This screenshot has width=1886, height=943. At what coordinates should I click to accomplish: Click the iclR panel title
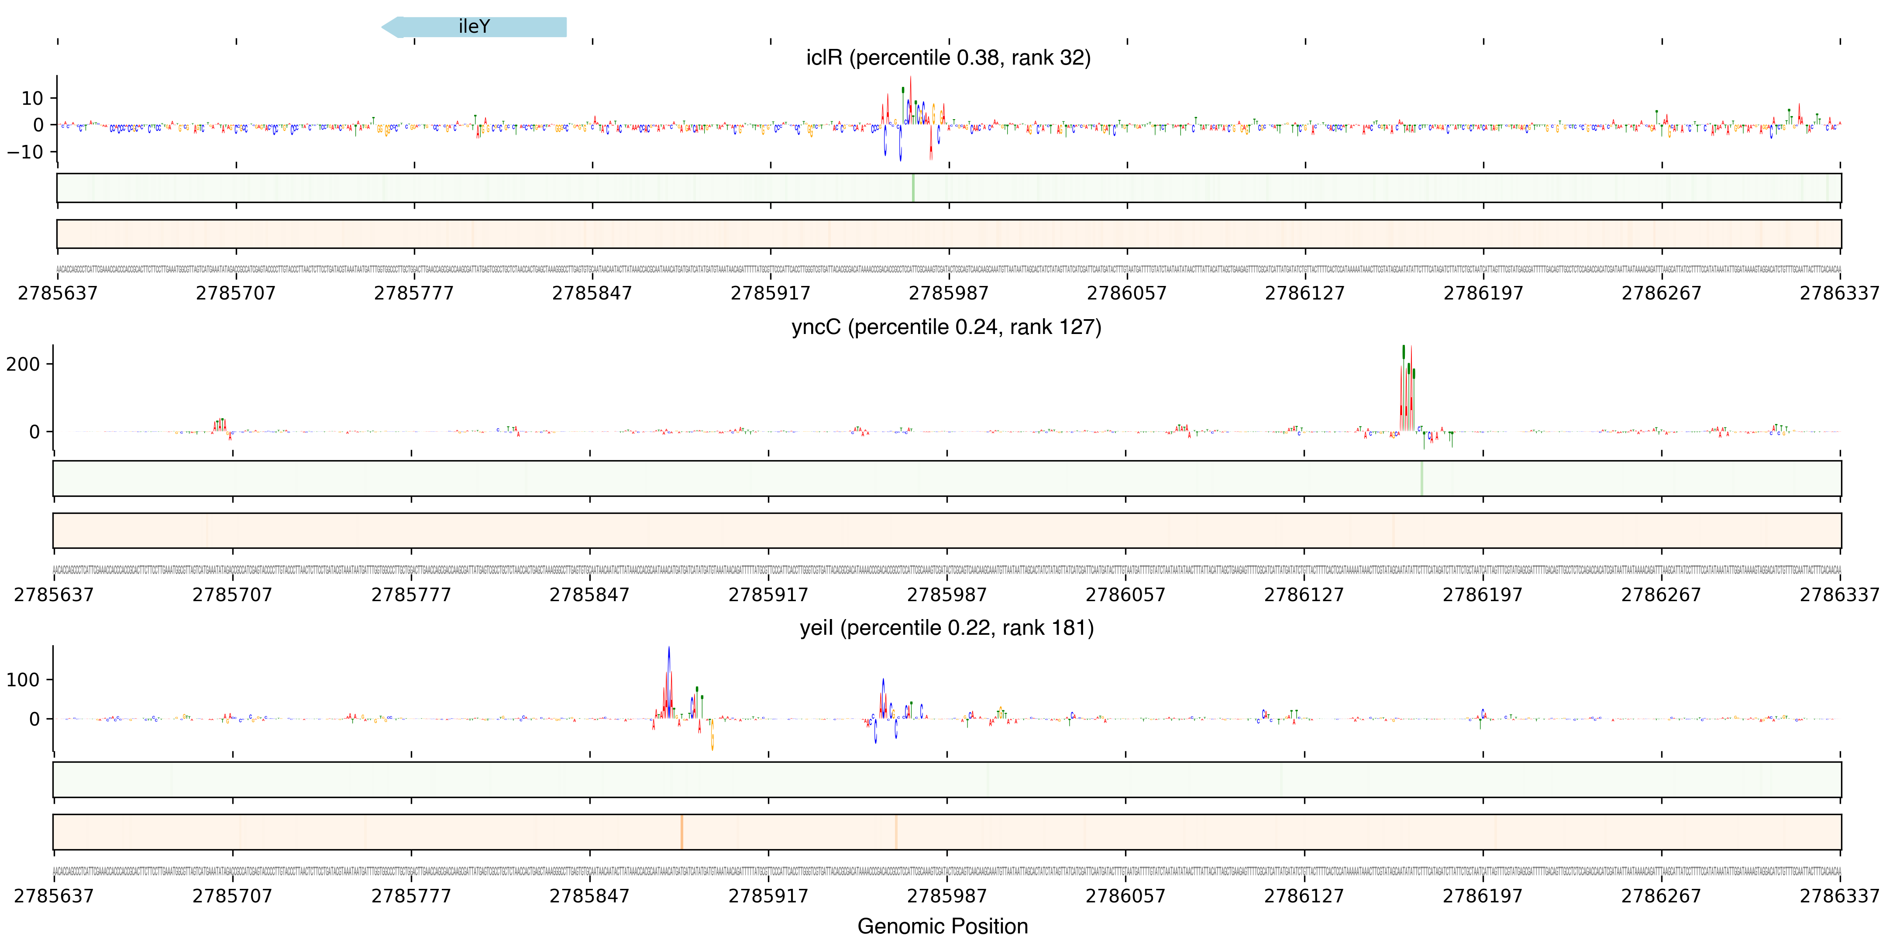click(x=948, y=57)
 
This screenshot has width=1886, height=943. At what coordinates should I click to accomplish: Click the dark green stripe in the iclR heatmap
click(x=913, y=188)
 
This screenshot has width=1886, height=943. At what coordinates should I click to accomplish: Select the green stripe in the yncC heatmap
click(x=1421, y=478)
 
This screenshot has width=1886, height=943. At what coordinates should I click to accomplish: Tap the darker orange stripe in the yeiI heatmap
click(x=681, y=832)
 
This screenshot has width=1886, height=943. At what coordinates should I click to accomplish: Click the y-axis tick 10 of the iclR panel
click(x=32, y=98)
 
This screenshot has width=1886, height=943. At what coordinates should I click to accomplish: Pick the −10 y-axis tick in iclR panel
click(x=26, y=151)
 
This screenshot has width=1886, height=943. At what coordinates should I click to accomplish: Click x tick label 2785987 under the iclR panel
click(x=948, y=293)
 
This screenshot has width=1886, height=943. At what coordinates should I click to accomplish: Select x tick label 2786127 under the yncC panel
click(x=1304, y=595)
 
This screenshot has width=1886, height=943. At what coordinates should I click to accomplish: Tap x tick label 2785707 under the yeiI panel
click(x=232, y=896)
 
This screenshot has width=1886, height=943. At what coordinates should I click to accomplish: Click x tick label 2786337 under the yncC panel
click(x=1839, y=595)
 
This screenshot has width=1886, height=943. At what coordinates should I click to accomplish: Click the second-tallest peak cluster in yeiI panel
click(x=884, y=703)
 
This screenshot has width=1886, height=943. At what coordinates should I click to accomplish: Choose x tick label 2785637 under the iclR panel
click(x=57, y=293)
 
